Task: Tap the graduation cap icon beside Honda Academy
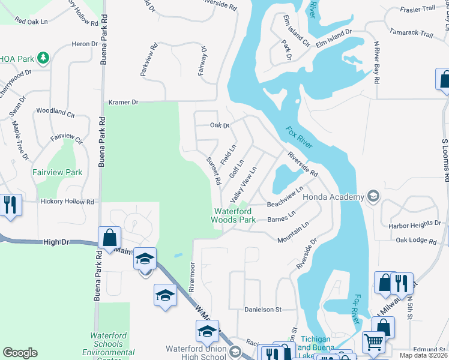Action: (373, 197)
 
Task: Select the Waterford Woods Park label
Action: (234, 215)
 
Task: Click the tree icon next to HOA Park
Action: (43, 58)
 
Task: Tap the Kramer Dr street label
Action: (123, 103)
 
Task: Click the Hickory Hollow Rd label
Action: (68, 202)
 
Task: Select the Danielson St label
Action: (263, 310)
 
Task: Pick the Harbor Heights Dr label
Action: (415, 224)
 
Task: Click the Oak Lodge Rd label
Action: (416, 240)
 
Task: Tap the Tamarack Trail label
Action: (411, 34)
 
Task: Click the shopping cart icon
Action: (373, 342)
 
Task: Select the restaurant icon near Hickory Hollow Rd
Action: (10, 205)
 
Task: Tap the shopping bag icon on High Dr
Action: (110, 237)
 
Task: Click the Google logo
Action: (20, 352)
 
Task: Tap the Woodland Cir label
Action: (55, 112)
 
